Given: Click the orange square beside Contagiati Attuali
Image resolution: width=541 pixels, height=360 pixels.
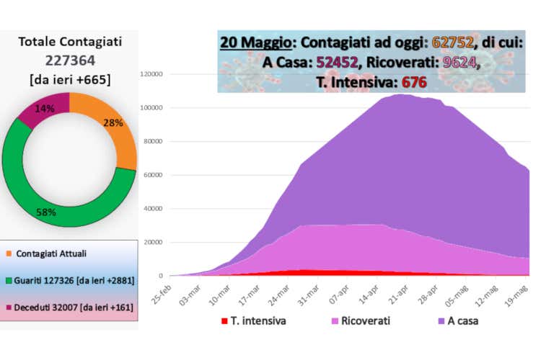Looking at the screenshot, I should (x=8, y=253).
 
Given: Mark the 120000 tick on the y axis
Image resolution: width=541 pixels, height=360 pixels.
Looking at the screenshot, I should (x=153, y=74).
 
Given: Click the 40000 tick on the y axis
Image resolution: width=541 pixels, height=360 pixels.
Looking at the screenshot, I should (x=155, y=208).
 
